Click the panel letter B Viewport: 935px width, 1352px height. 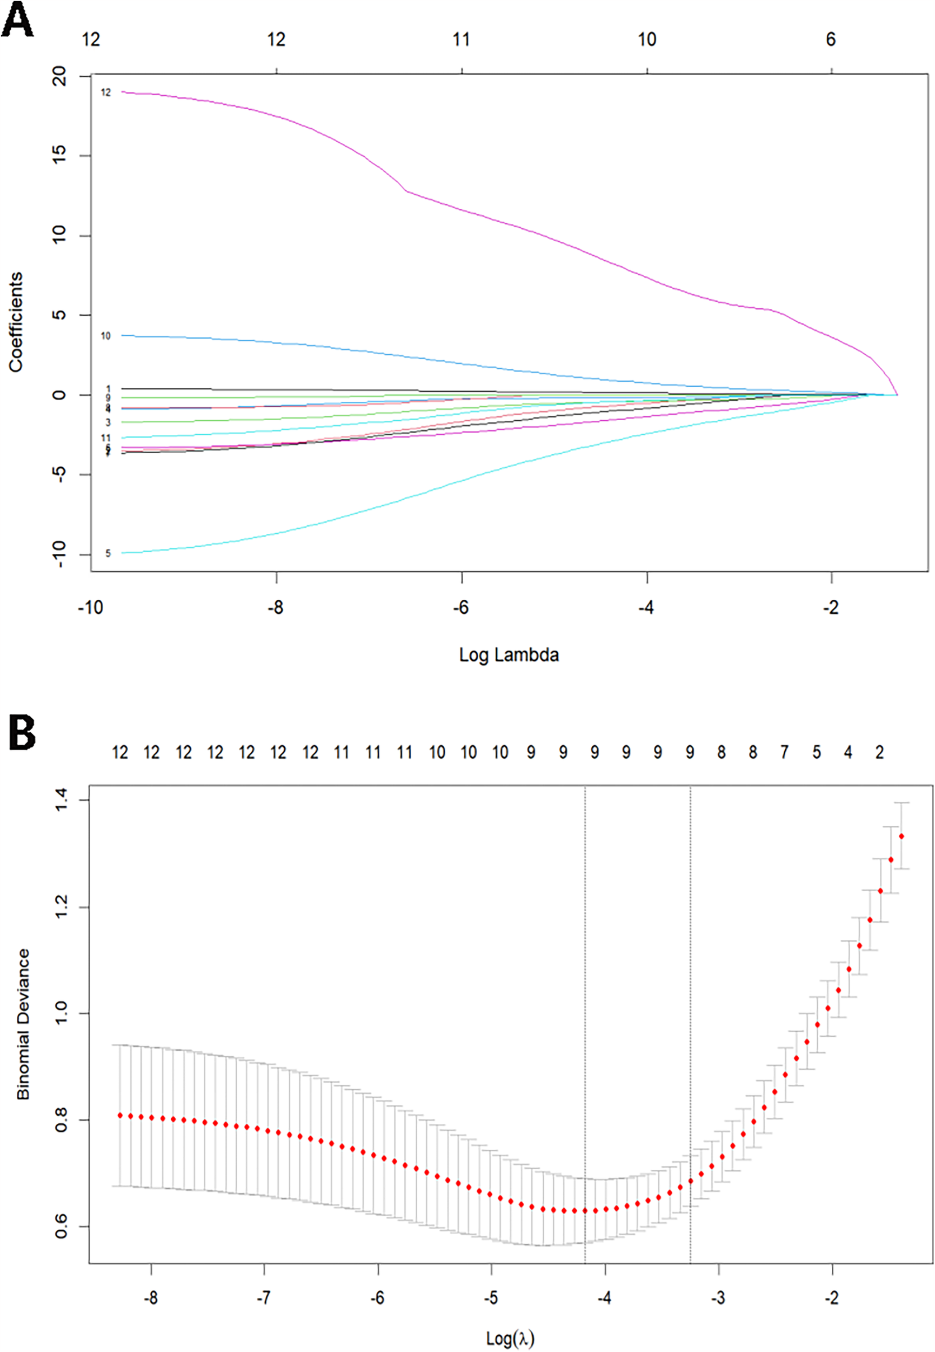click(x=22, y=733)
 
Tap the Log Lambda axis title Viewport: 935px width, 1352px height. click(x=509, y=654)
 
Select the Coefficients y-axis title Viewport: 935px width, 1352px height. click(x=16, y=322)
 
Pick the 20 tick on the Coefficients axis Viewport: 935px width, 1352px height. click(x=60, y=76)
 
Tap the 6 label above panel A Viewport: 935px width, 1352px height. click(x=831, y=39)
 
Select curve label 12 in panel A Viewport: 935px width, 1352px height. click(x=105, y=92)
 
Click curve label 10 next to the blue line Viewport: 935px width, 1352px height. click(x=105, y=336)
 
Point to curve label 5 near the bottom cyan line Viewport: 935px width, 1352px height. click(x=108, y=553)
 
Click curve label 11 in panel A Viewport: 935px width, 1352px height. click(x=105, y=438)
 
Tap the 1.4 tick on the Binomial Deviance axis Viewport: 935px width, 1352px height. click(x=61, y=800)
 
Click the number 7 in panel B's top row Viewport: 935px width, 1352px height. click(x=784, y=752)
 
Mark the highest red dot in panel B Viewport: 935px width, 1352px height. click(x=901, y=836)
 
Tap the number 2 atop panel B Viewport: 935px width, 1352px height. click(x=879, y=752)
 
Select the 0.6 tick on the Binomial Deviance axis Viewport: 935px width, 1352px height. click(x=61, y=1226)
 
